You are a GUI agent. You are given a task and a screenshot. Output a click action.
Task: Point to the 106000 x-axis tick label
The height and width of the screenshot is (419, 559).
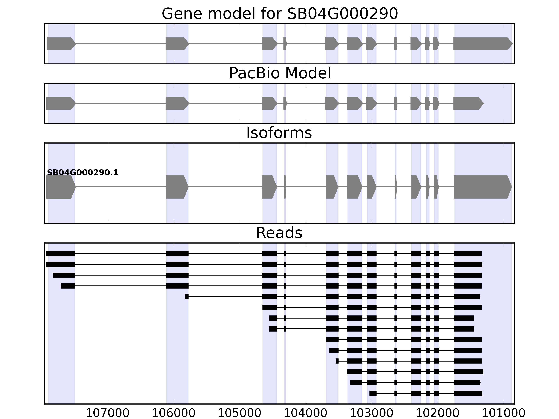click(x=174, y=413)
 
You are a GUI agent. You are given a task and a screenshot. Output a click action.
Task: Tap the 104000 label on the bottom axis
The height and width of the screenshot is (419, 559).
click(x=306, y=413)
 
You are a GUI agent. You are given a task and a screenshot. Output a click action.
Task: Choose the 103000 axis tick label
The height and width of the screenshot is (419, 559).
click(x=372, y=413)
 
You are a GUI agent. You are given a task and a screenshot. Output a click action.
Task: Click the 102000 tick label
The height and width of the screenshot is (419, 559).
click(x=438, y=413)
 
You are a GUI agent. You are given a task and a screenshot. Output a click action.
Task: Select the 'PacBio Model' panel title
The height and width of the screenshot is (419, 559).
click(x=280, y=73)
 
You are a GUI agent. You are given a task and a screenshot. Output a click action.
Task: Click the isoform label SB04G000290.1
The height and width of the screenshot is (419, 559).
click(x=83, y=173)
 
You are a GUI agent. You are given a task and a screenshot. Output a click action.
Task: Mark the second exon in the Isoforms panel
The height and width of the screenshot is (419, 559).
click(x=177, y=187)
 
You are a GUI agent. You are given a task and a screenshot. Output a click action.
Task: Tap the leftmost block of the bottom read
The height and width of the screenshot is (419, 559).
click(x=373, y=393)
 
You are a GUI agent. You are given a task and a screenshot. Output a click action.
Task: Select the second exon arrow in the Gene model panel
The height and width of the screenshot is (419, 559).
click(x=177, y=44)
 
